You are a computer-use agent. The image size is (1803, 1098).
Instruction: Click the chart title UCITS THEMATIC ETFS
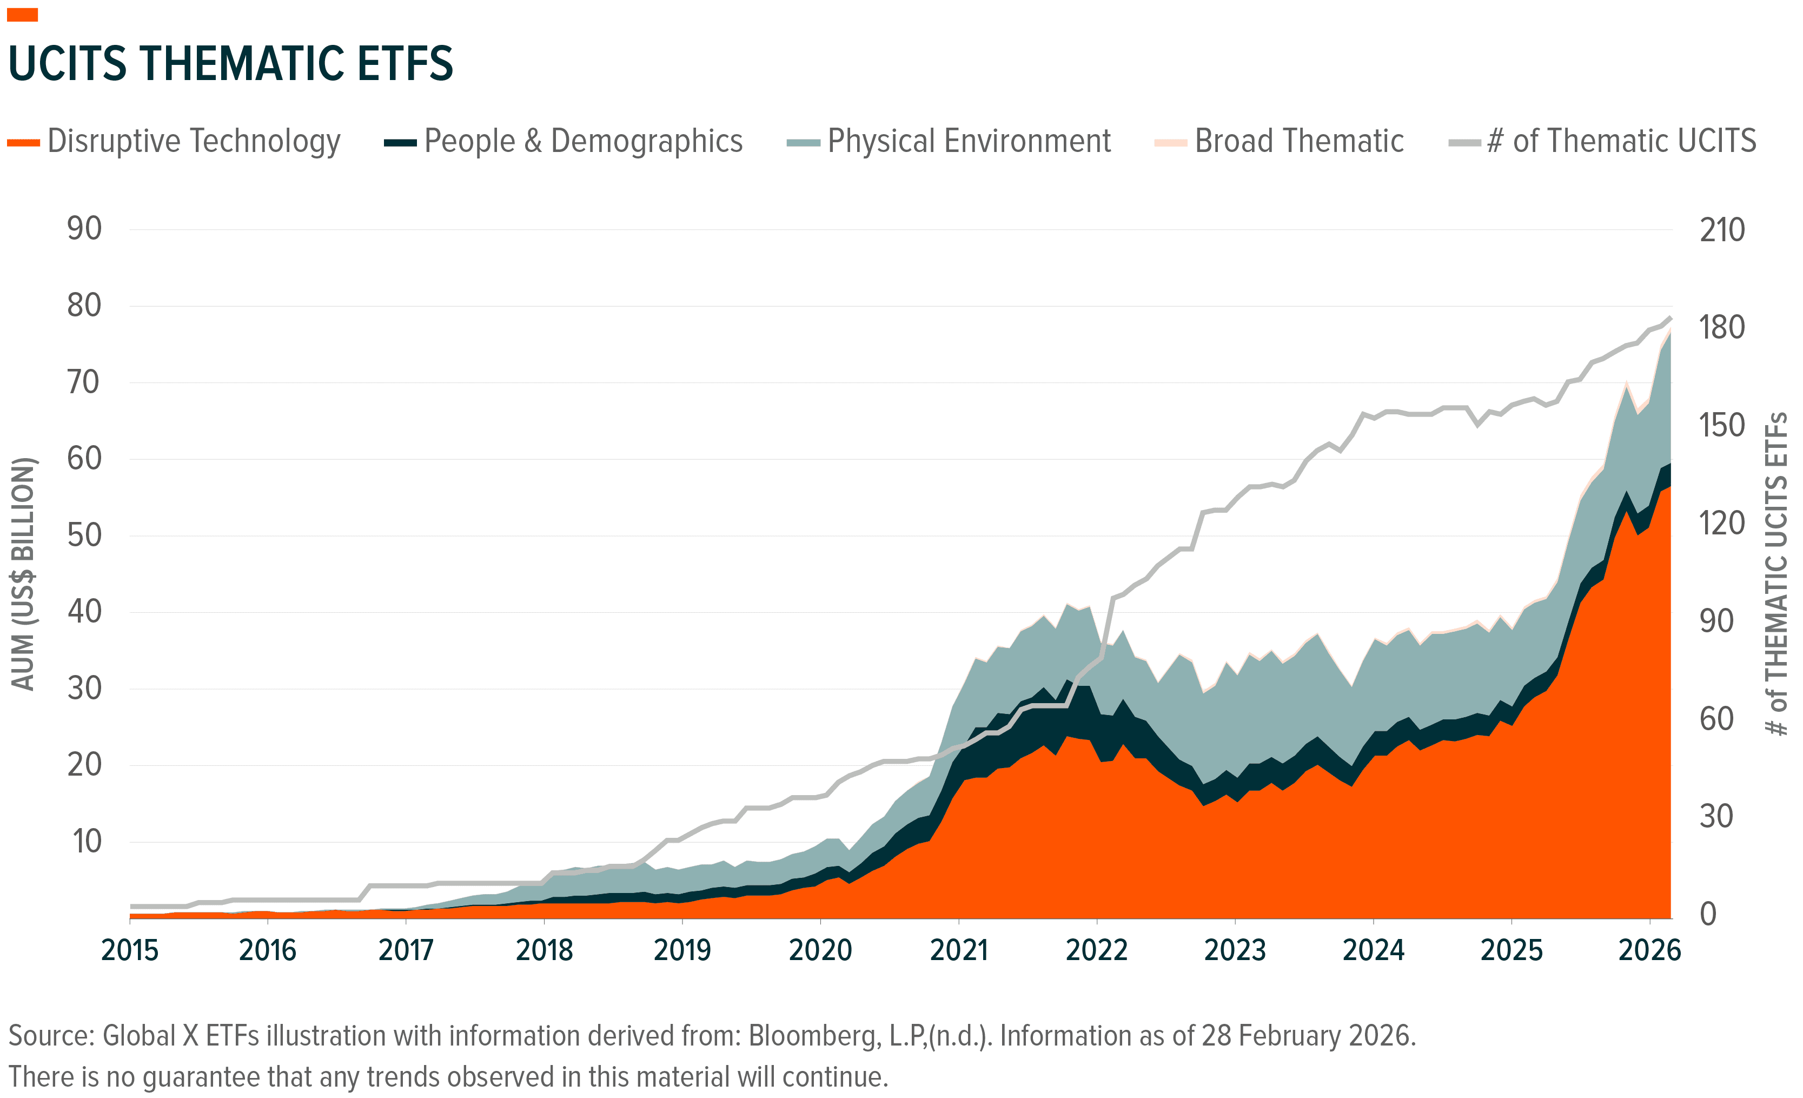(230, 64)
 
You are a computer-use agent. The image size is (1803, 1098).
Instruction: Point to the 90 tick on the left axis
(84, 229)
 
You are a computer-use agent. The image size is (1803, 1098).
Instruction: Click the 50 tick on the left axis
(84, 536)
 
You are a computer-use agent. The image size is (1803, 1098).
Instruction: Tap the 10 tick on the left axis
(87, 842)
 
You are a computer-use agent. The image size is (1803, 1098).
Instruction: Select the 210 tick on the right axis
(1722, 230)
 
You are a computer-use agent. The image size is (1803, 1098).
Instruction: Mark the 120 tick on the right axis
(1722, 524)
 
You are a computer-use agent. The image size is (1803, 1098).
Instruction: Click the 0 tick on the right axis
(1708, 914)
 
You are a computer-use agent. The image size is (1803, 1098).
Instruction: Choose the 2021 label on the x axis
(959, 951)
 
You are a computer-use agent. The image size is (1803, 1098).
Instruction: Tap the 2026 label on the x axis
(1649, 951)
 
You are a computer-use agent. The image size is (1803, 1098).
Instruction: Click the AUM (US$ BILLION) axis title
(23, 574)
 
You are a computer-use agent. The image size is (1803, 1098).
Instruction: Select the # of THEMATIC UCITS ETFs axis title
(1777, 574)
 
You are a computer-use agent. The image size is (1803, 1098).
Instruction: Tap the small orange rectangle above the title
(22, 15)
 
